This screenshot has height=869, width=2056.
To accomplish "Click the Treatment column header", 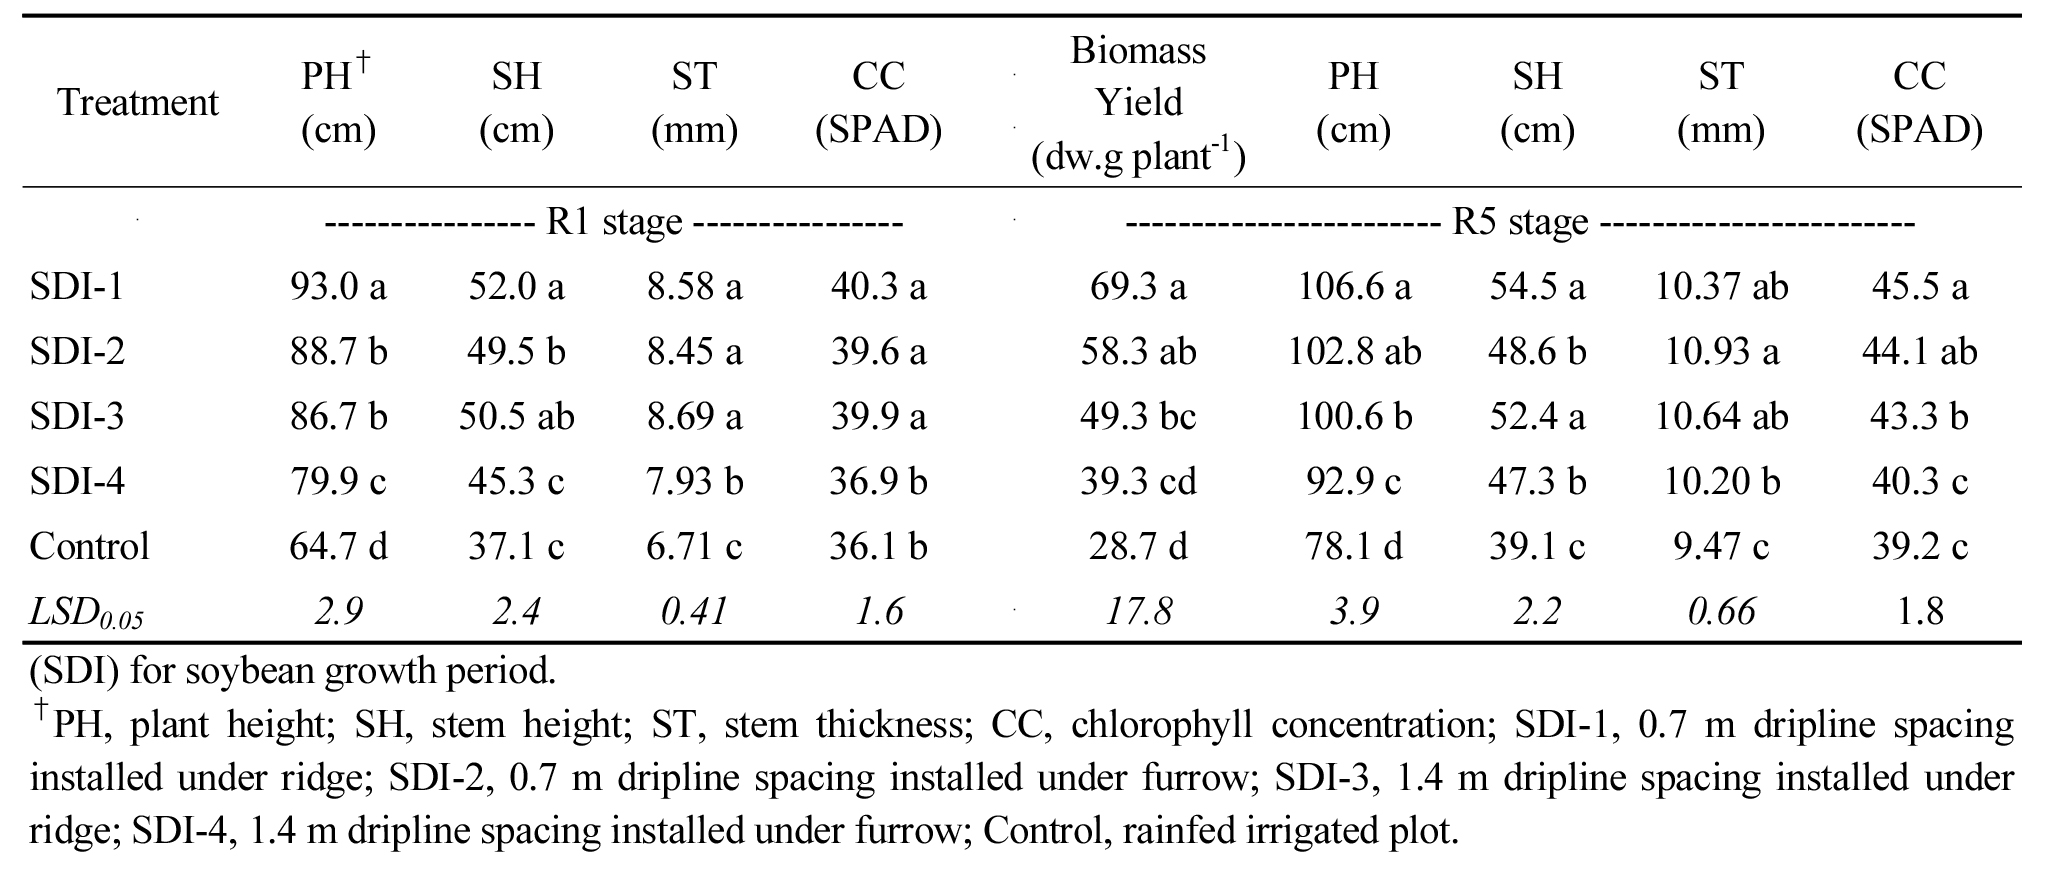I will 138,103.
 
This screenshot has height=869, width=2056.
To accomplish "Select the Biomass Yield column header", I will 1138,103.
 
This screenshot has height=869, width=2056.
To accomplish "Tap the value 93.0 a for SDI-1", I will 338,287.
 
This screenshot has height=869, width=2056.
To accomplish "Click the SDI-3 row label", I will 77,416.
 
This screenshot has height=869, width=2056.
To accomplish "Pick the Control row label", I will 90,546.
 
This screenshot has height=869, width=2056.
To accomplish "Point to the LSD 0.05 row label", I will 87,613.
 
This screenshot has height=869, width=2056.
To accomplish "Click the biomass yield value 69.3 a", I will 1138,287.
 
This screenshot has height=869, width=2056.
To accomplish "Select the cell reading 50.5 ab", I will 516,416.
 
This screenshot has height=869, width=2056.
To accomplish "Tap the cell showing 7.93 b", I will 694,481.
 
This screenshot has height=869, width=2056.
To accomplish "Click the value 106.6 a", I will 1354,287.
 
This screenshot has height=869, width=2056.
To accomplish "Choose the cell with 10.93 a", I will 1720,352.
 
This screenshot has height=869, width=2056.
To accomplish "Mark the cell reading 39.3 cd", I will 1138,481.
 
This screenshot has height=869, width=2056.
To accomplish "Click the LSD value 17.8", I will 1138,611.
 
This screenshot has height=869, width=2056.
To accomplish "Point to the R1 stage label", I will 614,222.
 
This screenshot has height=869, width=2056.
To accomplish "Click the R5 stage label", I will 1519,222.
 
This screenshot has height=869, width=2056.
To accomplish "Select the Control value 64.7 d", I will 338,546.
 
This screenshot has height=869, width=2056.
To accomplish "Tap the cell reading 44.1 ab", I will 1919,352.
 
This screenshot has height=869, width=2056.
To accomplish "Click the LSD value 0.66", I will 1720,611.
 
